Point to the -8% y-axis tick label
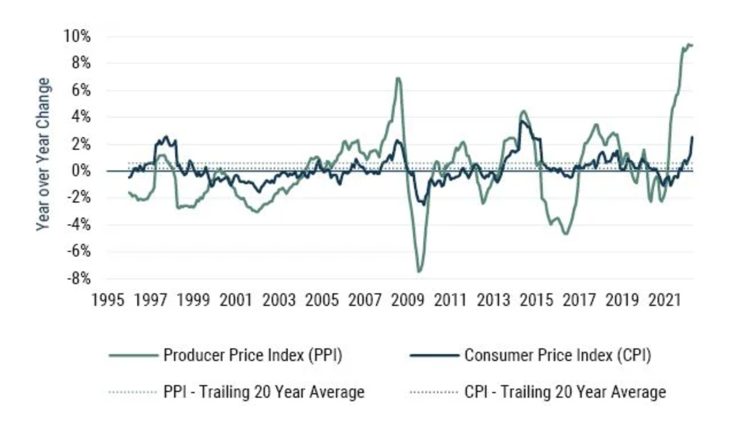tap(79, 278)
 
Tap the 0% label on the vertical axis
tap(82, 171)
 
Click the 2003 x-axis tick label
tap(279, 300)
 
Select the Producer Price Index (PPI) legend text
tap(253, 356)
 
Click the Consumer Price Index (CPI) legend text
tap(557, 356)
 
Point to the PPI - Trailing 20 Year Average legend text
tap(264, 393)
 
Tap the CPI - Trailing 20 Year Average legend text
tap(565, 393)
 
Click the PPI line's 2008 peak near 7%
tap(397, 78)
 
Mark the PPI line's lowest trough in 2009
tap(419, 271)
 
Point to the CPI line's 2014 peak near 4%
tap(521, 121)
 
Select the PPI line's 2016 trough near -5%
tap(566, 234)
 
